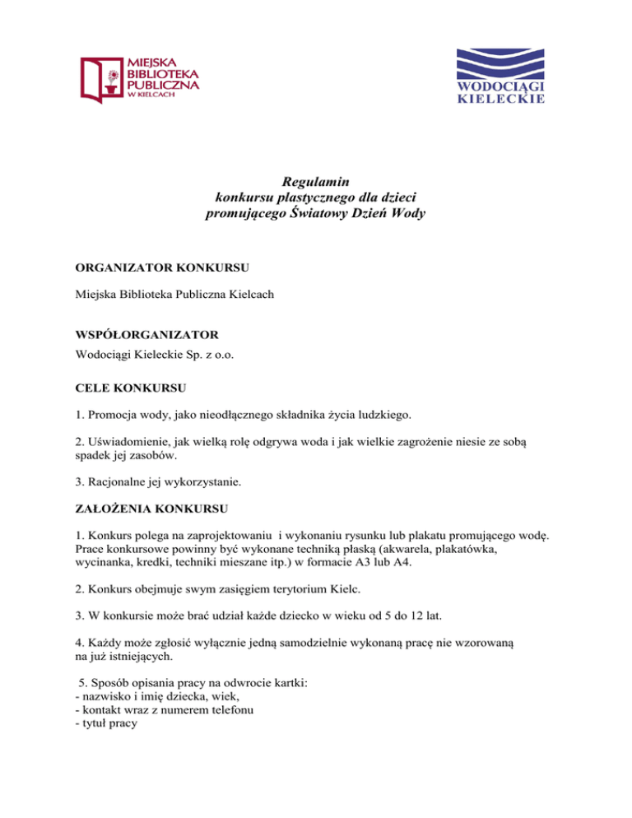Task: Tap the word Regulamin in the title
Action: (x=315, y=182)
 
